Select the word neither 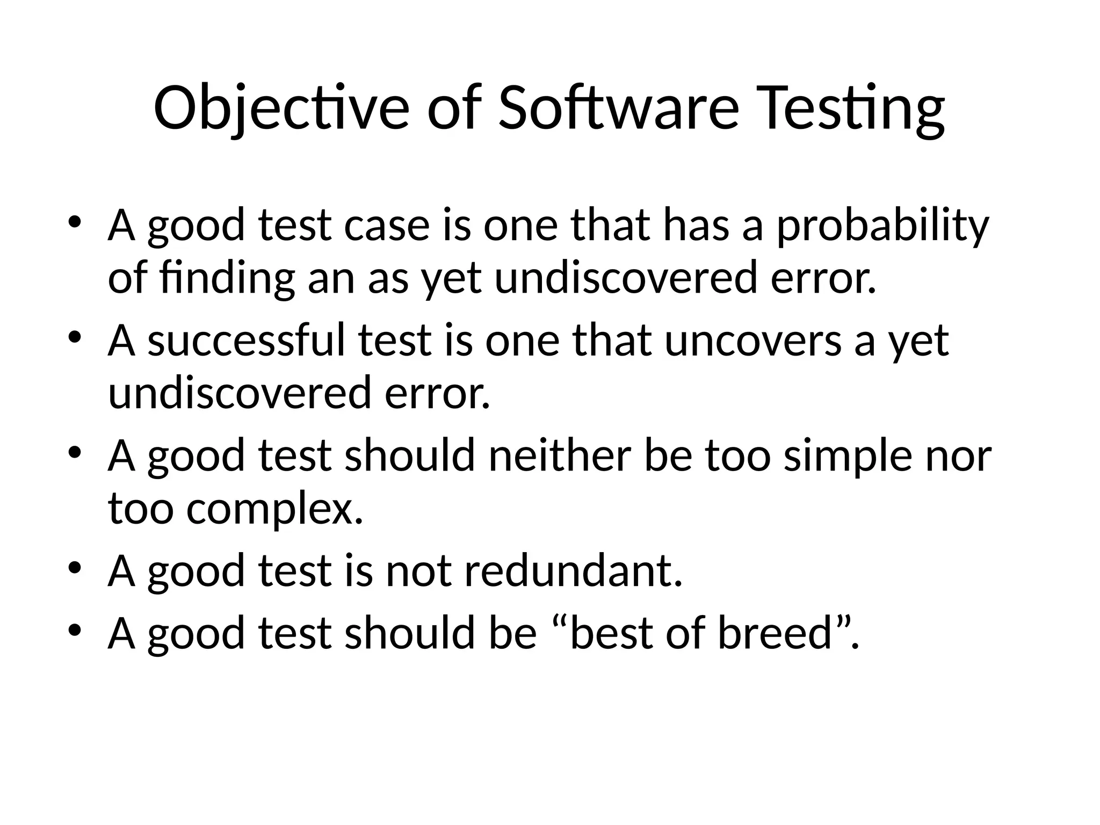coord(559,455)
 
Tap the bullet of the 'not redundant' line coord(75,567)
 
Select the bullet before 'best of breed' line coord(75,629)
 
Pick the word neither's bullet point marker coord(75,452)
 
